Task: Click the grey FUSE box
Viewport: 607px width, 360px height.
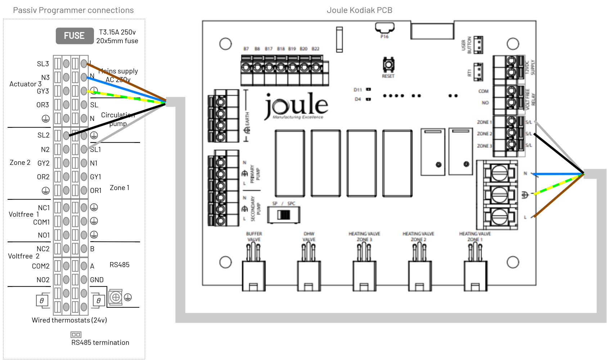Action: coord(75,36)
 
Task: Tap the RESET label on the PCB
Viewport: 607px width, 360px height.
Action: coord(388,76)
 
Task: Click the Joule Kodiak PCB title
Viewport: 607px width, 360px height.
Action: coord(359,10)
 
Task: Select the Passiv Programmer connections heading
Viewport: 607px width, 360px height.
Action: coord(73,10)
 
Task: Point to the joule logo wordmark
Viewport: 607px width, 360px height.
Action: coord(297,105)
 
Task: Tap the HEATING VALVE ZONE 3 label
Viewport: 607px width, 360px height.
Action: coord(364,237)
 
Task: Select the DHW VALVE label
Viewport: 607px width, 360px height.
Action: coord(309,237)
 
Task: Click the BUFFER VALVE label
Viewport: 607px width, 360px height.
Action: coord(254,237)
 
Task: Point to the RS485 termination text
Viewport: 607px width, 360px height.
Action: coord(100,343)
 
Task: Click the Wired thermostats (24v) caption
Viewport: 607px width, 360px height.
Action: coord(69,320)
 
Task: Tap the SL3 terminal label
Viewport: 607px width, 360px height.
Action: coord(43,64)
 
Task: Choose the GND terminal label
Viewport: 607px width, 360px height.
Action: coord(97,280)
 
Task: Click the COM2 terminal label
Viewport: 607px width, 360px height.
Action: coord(41,266)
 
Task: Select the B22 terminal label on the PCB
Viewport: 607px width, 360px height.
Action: coord(315,49)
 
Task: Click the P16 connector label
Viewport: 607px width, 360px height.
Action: coord(385,37)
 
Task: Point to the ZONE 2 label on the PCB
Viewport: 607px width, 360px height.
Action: coord(484,134)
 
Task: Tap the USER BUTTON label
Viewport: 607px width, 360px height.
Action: coord(466,45)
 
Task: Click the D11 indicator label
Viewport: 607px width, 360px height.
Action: coord(358,90)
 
